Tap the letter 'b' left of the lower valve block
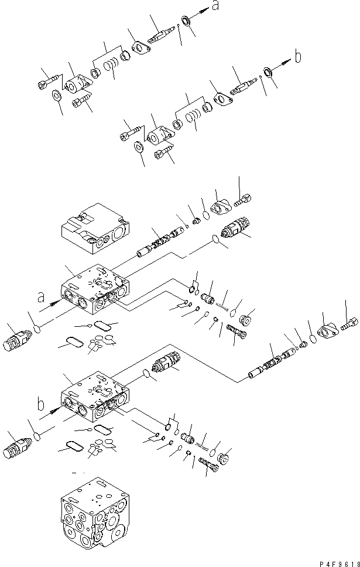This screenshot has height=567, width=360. point(40,404)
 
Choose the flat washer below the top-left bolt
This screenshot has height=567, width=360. point(59,95)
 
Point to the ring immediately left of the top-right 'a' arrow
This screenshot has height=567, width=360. point(187,22)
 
